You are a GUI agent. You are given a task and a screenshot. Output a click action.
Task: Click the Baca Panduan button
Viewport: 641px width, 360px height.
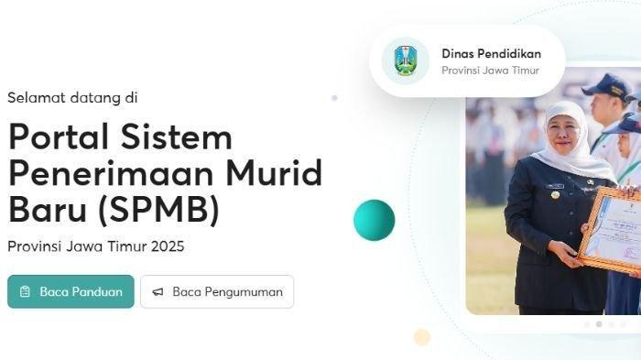coord(71,291)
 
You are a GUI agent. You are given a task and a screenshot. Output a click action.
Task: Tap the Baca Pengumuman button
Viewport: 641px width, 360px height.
coord(217,291)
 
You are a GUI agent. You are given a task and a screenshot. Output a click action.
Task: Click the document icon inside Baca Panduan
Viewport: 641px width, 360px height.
coord(25,291)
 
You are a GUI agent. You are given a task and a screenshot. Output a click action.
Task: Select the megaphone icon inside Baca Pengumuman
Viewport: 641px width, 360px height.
coord(158,291)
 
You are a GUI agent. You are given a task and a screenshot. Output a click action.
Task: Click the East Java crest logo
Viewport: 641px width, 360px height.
coord(405,61)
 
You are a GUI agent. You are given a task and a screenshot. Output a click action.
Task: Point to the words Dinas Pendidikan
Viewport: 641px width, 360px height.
coord(490,53)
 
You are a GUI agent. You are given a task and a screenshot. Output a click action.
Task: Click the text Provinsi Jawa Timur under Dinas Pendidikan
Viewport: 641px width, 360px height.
coord(490,71)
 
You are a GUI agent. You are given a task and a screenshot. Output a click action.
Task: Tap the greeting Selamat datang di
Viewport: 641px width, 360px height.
coord(72,96)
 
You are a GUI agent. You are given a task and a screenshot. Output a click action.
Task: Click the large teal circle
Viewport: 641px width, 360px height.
coord(374,220)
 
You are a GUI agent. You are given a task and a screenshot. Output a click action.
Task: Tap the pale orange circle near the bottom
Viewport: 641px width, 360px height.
coord(421,337)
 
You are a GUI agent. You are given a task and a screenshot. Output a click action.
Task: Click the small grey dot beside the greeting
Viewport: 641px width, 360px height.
coord(334,97)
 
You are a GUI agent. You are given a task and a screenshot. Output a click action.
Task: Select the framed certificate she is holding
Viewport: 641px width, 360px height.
coord(612,229)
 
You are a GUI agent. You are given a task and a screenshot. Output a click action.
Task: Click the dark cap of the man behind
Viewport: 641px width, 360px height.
coord(607,88)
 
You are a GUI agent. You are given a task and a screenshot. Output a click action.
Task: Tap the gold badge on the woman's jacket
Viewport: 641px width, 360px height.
coord(555,195)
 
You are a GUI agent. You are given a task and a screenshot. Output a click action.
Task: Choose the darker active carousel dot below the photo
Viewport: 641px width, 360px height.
coord(599,323)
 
